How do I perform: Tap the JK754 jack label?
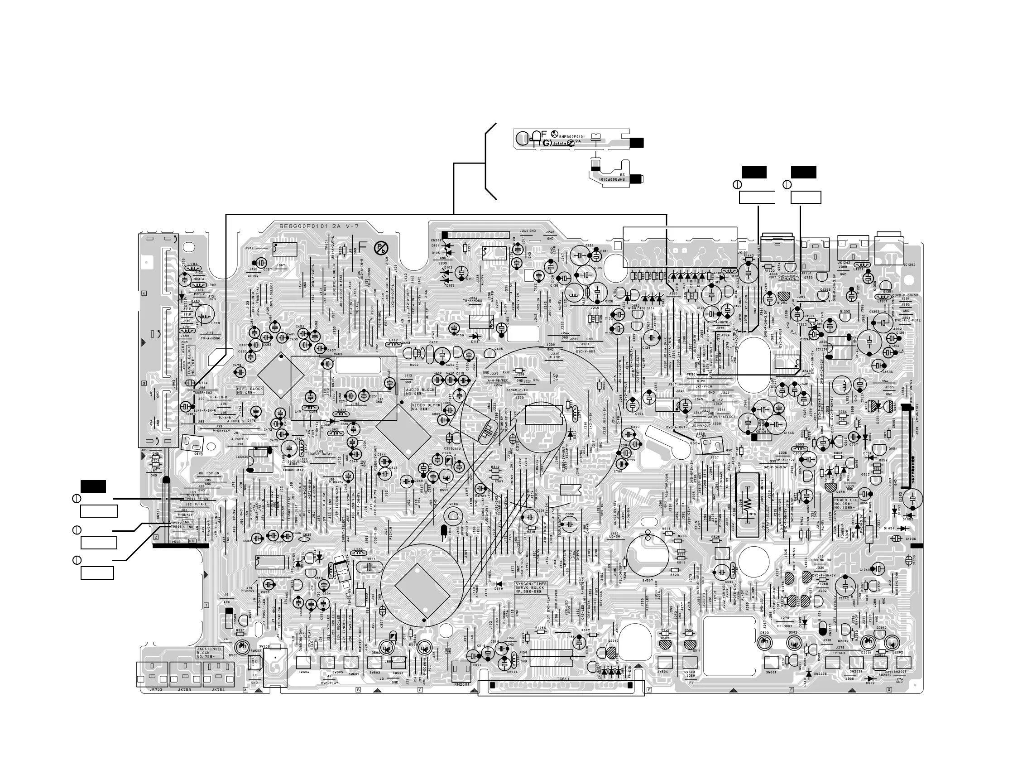tap(218, 689)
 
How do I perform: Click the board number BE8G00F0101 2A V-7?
tap(319, 226)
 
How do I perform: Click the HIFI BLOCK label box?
tap(250, 390)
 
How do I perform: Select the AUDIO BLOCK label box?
tap(420, 391)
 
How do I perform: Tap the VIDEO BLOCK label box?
tap(427, 407)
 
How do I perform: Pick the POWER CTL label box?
tap(846, 503)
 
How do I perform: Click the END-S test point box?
tap(187, 522)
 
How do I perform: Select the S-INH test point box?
tap(187, 527)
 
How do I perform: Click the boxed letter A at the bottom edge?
tap(245, 690)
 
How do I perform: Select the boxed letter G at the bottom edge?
tap(888, 690)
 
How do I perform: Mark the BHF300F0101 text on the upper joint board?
tap(571, 136)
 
